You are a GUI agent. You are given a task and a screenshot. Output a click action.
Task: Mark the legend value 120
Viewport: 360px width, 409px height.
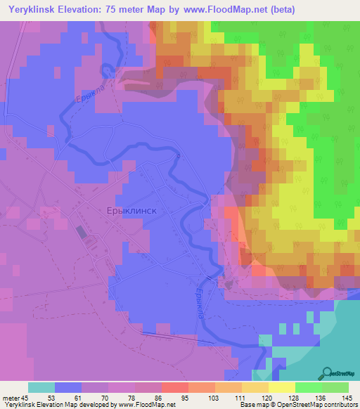tap(270, 396)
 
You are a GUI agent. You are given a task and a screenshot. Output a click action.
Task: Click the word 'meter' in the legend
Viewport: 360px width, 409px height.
tap(10, 396)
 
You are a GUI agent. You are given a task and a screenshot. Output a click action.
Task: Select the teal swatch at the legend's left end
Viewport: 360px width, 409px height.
tap(41, 387)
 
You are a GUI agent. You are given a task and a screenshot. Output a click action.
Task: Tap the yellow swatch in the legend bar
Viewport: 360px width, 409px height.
tap(282, 387)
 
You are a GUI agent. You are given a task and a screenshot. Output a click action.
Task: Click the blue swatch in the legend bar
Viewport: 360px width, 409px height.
tap(68, 387)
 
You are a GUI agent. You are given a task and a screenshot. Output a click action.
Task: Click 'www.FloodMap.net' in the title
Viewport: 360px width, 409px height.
tap(227, 9)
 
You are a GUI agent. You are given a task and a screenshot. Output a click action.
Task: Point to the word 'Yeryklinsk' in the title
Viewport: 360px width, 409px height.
tap(34, 9)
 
